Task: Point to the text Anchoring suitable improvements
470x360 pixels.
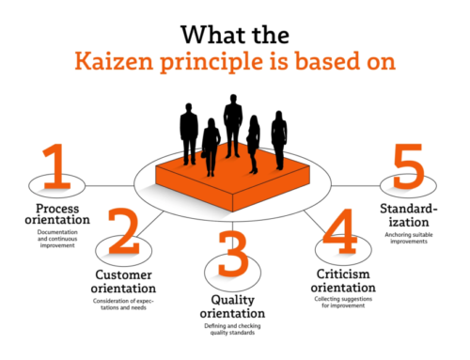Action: [x=406, y=238]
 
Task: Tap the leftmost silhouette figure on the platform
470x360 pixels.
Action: [x=190, y=131]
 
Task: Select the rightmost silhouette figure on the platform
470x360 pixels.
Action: [x=278, y=139]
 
